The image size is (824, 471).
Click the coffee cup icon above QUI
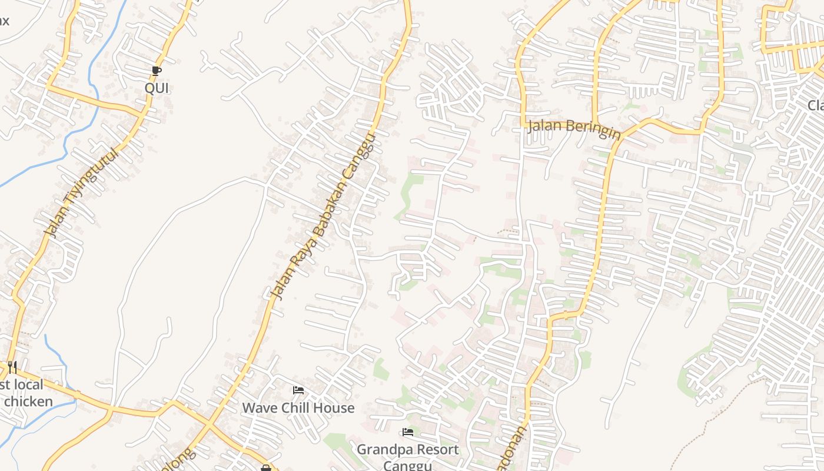[x=156, y=71]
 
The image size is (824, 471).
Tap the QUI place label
[x=157, y=88]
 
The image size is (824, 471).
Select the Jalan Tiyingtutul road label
[x=81, y=191]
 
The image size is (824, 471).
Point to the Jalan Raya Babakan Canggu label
[x=322, y=217]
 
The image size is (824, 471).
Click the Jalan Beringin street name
[x=574, y=128]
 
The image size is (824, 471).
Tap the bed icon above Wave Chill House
[x=298, y=390]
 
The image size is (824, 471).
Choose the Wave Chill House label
[x=298, y=407]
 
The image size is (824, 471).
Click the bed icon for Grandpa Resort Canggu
[x=408, y=433]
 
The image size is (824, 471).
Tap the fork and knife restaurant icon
[x=12, y=367]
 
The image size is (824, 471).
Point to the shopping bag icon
[x=265, y=468]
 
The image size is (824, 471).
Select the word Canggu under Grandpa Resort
[x=408, y=465]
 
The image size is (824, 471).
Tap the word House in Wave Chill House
[x=334, y=407]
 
